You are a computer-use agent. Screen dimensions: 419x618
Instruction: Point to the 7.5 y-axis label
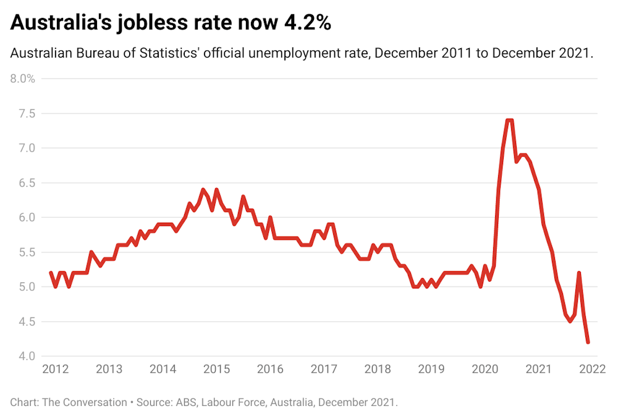27,114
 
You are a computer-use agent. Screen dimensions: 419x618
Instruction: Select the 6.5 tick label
27,183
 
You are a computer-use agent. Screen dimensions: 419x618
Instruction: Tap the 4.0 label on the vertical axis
27,356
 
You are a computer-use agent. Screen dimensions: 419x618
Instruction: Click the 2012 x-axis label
55,369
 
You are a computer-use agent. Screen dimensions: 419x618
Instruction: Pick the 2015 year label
216,369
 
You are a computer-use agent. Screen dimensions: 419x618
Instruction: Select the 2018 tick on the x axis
377,369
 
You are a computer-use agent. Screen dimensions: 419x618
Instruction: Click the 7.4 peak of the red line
509,121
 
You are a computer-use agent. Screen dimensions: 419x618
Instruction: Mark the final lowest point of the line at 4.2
588,342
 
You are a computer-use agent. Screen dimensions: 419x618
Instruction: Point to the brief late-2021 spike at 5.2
578,273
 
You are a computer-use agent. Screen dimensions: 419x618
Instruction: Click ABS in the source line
180,402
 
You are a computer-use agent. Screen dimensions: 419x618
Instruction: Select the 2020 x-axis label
485,369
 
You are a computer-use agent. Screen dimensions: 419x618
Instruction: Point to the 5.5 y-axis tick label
27,253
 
